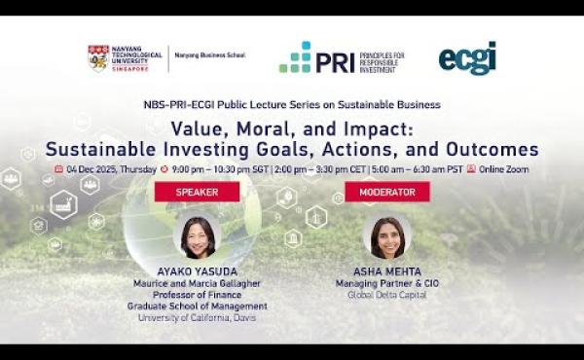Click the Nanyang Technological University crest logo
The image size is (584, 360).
98,58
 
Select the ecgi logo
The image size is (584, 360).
467,57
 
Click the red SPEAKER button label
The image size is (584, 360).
197,192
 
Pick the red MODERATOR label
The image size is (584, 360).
387,192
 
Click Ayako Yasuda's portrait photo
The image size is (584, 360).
198,237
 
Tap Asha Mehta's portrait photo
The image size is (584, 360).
387,237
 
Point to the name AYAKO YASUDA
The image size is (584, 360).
197,271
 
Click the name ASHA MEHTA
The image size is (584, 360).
386,271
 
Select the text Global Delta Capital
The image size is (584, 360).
386,295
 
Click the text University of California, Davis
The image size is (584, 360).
197,317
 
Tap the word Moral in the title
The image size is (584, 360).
265,129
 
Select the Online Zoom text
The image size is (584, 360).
503,168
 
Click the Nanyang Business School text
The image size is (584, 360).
209,55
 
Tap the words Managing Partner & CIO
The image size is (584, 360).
386,283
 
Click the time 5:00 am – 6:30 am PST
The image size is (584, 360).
417,168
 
